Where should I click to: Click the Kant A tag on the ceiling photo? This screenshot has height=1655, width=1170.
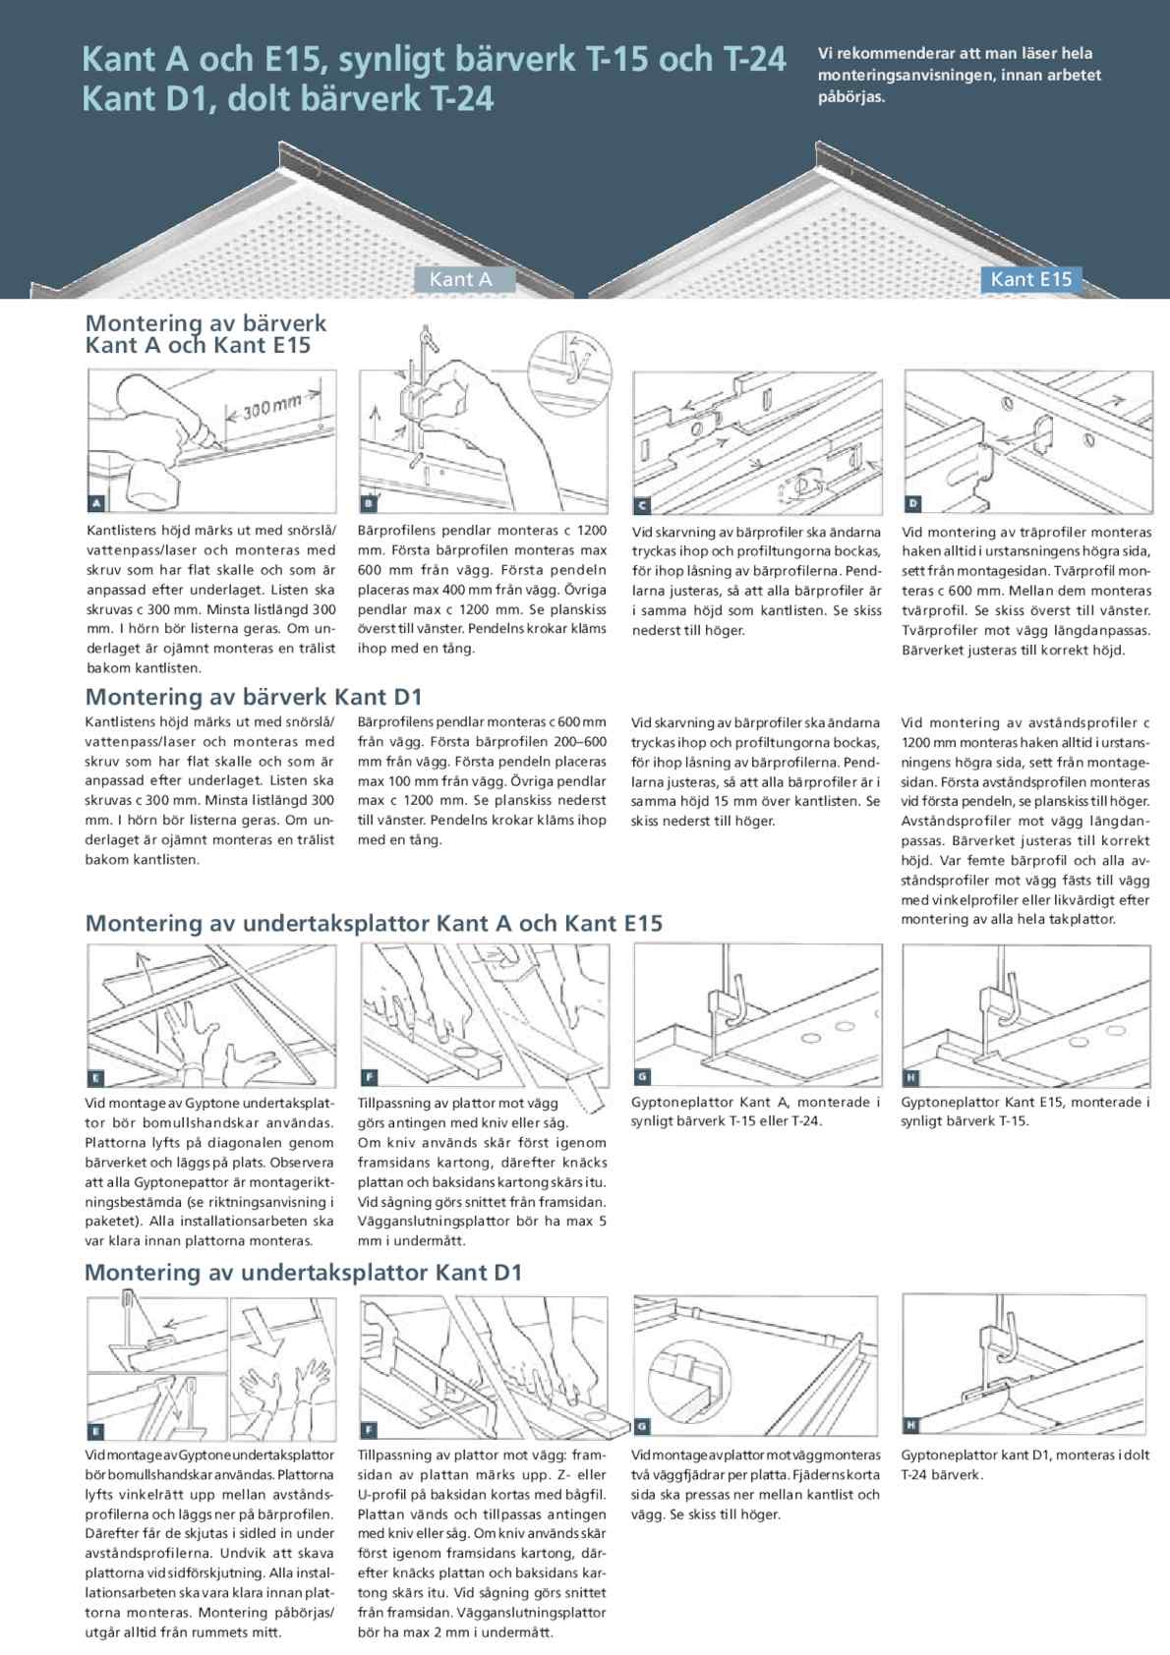tap(460, 279)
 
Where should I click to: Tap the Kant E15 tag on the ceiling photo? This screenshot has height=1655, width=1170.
tap(1030, 279)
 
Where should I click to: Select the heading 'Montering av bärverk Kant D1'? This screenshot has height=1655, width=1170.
tap(254, 697)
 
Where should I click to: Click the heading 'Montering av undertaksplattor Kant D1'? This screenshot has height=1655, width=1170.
tap(303, 1272)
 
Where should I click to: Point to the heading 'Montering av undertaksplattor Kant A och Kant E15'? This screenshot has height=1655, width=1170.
tap(374, 923)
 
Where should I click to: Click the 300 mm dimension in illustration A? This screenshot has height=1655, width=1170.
tap(272, 405)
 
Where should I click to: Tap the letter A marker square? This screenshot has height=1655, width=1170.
tap(96, 504)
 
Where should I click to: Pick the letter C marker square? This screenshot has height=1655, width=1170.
tap(641, 505)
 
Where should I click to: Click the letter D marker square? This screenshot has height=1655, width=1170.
tap(912, 504)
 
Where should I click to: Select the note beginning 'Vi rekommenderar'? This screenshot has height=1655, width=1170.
tap(959, 75)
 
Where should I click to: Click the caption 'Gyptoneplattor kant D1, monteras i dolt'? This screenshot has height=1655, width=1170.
tap(1024, 1455)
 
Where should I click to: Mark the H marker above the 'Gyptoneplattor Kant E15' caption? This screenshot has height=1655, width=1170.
tap(911, 1078)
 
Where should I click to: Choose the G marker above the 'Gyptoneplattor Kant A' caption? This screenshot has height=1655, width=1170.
tap(642, 1078)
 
